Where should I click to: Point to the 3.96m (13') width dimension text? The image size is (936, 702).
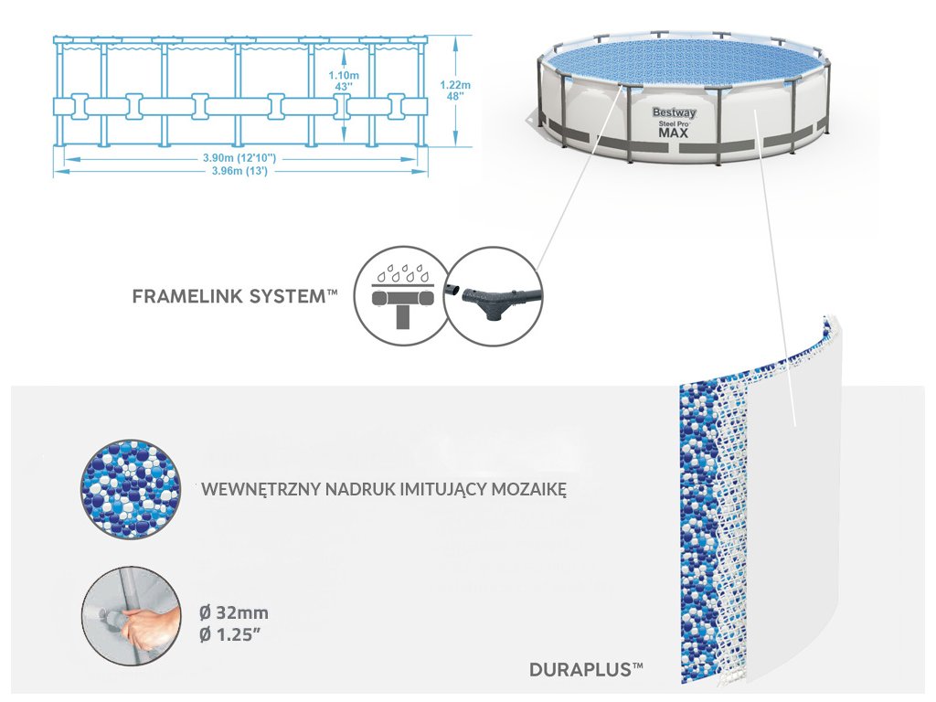[239, 170]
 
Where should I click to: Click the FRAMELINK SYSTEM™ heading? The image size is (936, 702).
[235, 296]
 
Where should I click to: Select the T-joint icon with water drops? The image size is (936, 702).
[399, 294]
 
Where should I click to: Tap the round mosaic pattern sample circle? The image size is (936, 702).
[126, 489]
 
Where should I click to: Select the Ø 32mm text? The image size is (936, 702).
[234, 612]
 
